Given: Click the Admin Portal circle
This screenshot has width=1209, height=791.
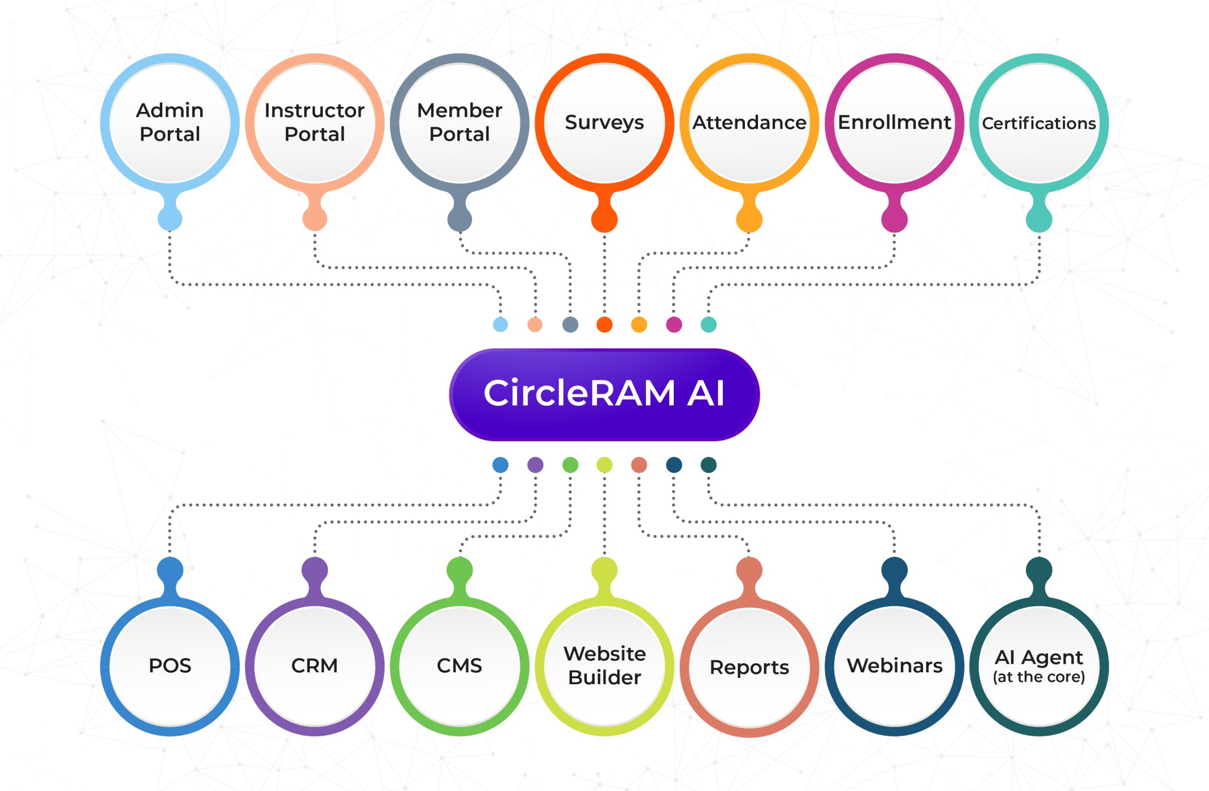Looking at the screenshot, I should click(x=170, y=123).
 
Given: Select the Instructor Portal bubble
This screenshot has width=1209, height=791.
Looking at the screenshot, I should click(x=315, y=123).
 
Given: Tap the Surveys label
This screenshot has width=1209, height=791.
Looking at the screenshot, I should click(x=604, y=122).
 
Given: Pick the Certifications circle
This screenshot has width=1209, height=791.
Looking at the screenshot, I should click(x=1039, y=123).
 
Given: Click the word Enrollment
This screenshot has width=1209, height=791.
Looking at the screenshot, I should click(x=894, y=122).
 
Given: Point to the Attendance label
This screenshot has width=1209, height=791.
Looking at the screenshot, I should click(x=749, y=122).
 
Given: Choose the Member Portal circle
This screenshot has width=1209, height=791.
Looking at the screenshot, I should click(x=460, y=123).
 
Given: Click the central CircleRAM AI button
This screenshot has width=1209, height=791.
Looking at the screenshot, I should click(x=604, y=394).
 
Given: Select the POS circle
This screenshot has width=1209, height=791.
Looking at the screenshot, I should click(x=170, y=666).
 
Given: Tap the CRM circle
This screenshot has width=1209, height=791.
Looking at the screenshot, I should click(x=315, y=666).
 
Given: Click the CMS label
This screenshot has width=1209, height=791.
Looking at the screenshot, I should click(x=460, y=666).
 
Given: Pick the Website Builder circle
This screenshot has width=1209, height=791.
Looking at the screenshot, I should click(x=604, y=666).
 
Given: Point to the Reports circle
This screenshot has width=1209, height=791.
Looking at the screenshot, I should click(x=749, y=667).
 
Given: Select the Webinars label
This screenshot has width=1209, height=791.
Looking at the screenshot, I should click(x=894, y=666).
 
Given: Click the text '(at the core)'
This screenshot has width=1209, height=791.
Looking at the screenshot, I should click(x=1039, y=677).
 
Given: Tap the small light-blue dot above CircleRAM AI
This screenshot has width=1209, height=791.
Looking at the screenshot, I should click(x=500, y=324).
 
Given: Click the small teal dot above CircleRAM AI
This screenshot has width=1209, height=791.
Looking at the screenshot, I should click(x=708, y=324).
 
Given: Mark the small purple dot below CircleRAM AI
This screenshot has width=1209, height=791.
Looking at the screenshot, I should click(x=535, y=465).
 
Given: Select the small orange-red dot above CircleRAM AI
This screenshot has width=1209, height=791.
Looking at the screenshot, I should click(x=604, y=324).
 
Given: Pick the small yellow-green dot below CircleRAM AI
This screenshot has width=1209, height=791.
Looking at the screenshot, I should click(x=604, y=465).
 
